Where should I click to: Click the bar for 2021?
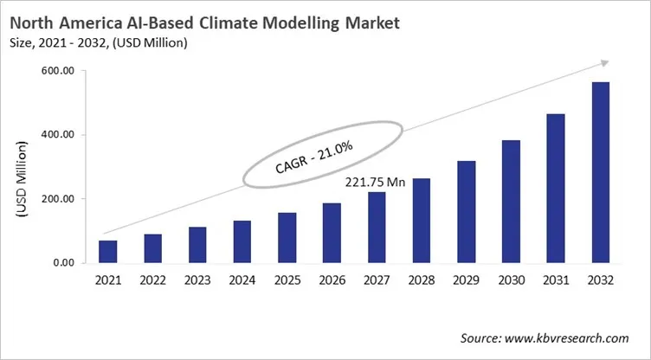[107, 251]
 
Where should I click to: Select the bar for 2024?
[242, 241]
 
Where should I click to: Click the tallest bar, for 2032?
[600, 172]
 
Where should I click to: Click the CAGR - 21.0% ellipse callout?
[323, 152]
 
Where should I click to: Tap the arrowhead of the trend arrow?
[604, 64]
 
